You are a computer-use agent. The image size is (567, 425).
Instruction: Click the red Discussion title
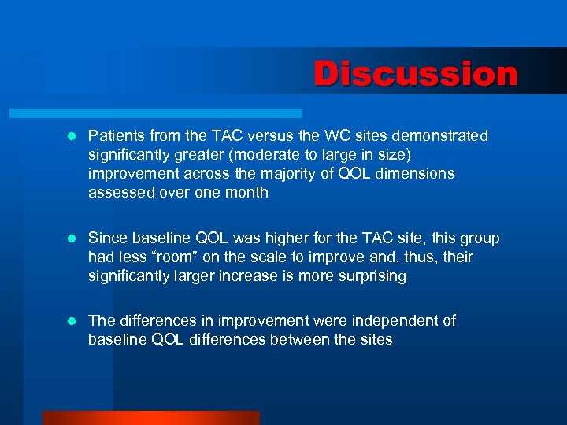(x=416, y=75)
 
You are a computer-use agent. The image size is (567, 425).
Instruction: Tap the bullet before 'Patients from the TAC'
(x=71, y=137)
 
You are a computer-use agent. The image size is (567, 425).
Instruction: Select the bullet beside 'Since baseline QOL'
(x=71, y=238)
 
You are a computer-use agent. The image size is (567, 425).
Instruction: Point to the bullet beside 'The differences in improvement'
(x=71, y=321)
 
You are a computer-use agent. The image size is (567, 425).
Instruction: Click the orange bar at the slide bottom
(x=150, y=418)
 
